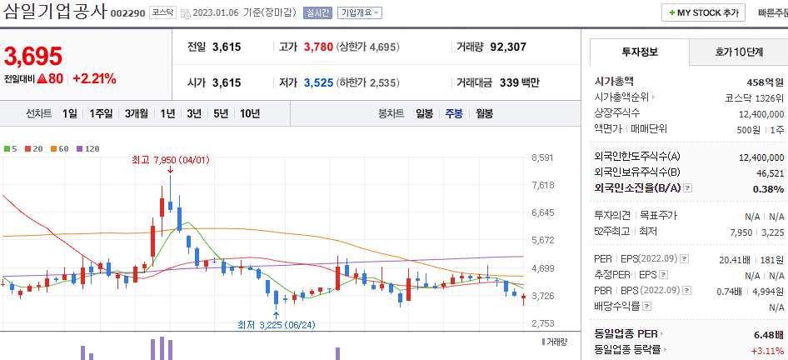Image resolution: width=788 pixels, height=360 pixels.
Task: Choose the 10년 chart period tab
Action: tap(249, 113)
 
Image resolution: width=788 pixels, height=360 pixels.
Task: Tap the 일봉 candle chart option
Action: tap(424, 113)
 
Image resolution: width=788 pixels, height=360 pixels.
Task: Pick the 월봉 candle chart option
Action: tap(484, 113)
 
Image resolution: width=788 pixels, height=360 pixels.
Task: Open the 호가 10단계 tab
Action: tap(738, 52)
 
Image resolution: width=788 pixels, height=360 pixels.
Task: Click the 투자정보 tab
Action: tap(639, 52)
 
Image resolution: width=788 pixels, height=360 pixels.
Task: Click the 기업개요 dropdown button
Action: tap(360, 12)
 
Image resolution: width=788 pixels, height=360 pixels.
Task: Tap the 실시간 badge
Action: tap(317, 12)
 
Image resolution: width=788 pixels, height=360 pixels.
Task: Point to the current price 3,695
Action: tap(33, 56)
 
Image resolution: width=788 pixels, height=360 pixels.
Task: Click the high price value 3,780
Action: tap(317, 47)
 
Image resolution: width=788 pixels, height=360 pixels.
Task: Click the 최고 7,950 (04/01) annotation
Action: tap(169, 159)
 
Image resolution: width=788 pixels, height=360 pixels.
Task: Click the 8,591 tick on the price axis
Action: tap(542, 157)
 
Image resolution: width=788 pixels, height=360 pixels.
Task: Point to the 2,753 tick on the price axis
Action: tap(542, 322)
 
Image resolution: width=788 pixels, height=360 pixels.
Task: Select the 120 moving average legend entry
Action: tap(88, 148)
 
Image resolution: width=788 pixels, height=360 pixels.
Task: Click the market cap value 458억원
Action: tap(765, 81)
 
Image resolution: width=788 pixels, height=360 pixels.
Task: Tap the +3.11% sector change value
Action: tap(766, 350)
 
